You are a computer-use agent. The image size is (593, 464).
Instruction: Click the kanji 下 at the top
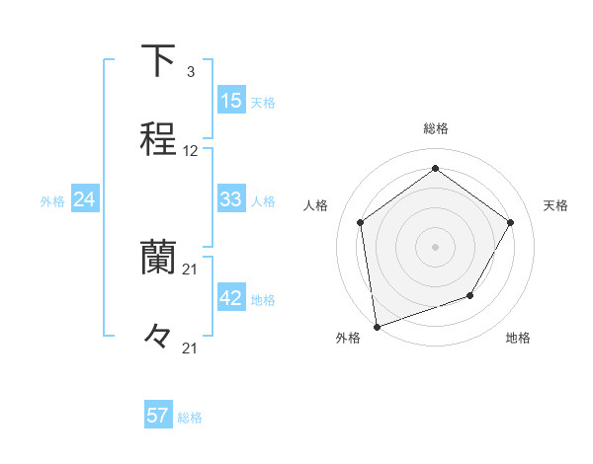[158, 61]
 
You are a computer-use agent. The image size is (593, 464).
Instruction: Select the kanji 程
[158, 139]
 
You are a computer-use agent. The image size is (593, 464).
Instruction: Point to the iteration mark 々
[157, 336]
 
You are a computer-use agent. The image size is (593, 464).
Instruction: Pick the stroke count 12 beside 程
[191, 151]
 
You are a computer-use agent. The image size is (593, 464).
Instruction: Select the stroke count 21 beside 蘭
[191, 269]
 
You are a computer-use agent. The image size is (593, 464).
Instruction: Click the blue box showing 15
[230, 101]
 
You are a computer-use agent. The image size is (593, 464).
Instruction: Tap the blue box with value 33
[230, 199]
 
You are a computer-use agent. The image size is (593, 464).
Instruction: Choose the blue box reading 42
[230, 298]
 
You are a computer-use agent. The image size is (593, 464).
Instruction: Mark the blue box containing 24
[84, 199]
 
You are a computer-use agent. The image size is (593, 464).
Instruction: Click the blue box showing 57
[157, 416]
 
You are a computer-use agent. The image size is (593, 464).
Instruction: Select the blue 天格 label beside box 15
[263, 102]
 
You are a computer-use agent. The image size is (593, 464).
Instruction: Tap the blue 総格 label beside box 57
[190, 418]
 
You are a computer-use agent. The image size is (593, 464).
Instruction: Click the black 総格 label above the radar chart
[435, 128]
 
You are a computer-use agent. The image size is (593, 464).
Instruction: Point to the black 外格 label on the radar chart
[348, 338]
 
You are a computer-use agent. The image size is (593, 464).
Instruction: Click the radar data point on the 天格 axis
[510, 222]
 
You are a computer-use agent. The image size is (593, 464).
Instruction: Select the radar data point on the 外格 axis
[377, 325]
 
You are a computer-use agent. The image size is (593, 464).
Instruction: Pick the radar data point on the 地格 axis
[470, 295]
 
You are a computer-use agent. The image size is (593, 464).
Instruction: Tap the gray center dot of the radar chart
[435, 246]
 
